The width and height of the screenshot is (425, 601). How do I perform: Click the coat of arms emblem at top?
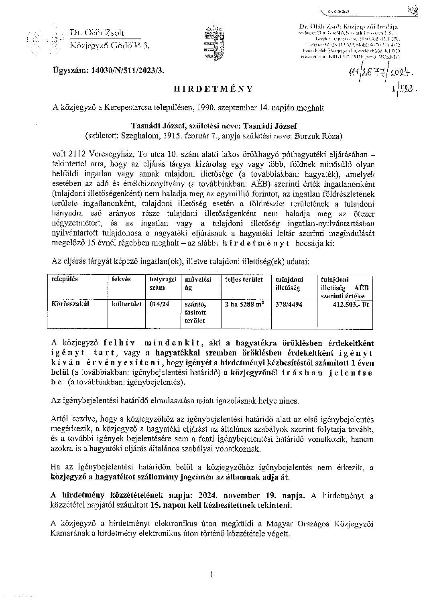213,42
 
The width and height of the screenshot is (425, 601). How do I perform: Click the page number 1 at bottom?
211,575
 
